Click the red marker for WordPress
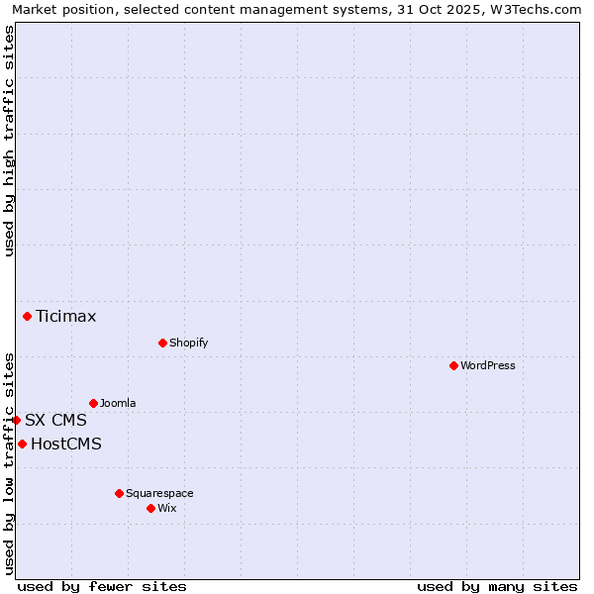coord(453,365)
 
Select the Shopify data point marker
coord(162,343)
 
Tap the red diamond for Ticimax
coord(27,316)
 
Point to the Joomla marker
coord(93,403)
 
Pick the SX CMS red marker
coord(16,420)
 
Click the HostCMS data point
coord(22,444)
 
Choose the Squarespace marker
coord(119,493)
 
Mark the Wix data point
coord(150,508)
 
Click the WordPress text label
coord(488,365)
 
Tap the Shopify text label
coord(188,343)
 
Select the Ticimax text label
coord(66,317)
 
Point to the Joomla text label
coord(118,403)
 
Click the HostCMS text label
coord(66,445)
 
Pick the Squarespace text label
coord(159,493)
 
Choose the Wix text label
coord(167,508)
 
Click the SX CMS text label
coord(55,421)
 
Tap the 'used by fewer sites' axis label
coord(102,586)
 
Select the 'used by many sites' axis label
coord(497,586)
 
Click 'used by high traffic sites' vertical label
coord(9,141)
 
